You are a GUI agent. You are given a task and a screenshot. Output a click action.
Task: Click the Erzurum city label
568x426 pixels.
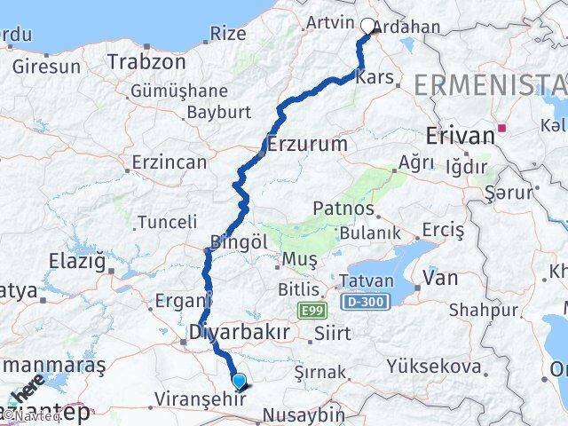tap(306, 143)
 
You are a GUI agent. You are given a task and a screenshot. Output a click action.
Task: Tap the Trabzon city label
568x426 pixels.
tap(146, 62)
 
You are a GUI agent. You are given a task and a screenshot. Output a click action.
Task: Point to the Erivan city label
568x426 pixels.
tap(459, 137)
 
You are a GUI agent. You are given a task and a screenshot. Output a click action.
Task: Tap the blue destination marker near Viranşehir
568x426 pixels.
tap(239, 382)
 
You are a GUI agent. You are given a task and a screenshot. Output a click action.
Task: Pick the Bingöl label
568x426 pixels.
tap(239, 241)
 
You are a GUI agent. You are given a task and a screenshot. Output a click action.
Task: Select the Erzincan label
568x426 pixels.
tap(169, 162)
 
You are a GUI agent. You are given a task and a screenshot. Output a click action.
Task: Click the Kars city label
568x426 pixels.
tap(372, 78)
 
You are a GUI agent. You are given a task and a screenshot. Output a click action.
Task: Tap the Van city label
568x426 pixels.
tap(440, 278)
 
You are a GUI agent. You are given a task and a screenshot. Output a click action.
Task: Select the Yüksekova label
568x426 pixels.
tap(434, 366)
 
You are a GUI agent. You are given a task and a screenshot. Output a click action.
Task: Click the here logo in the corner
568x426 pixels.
tap(26, 390)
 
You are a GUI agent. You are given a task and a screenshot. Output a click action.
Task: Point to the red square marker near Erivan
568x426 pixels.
tap(503, 128)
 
